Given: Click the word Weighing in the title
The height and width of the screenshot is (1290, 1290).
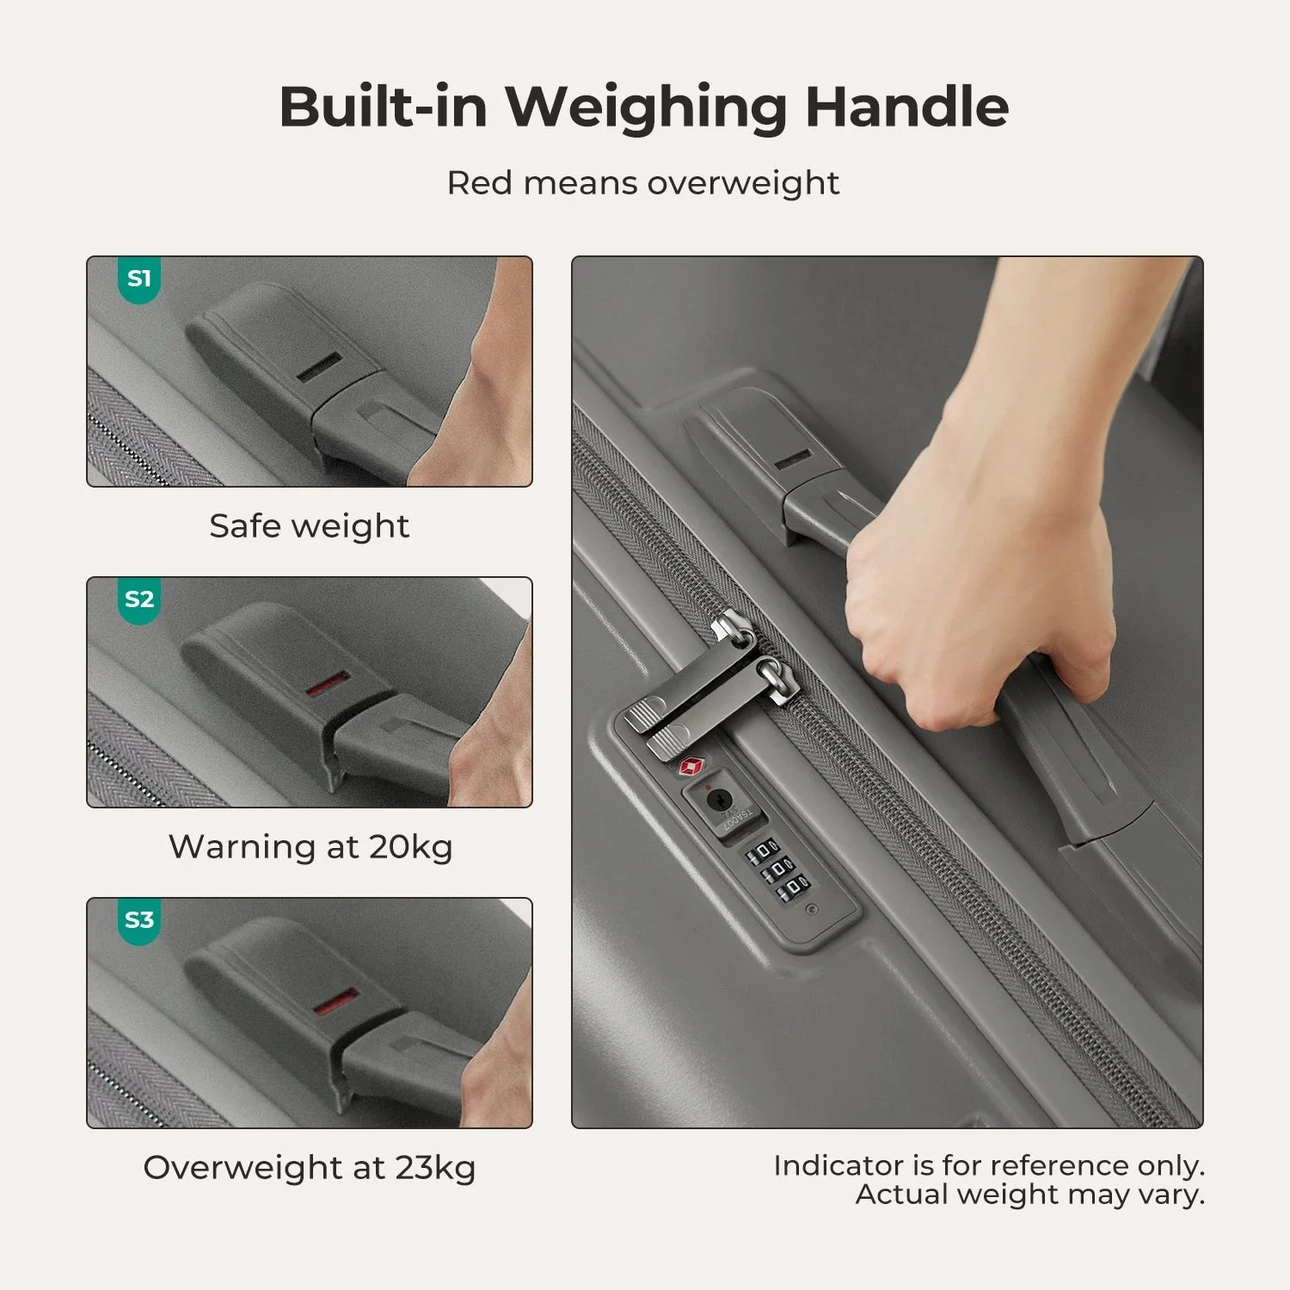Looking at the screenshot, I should [x=645, y=107].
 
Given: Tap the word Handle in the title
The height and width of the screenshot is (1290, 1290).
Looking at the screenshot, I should [x=906, y=107].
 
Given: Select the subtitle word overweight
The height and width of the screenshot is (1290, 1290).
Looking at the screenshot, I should [x=743, y=183].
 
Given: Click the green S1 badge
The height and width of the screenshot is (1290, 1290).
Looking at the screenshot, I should [x=138, y=279].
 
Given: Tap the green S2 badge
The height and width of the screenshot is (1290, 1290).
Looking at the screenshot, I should [x=138, y=599].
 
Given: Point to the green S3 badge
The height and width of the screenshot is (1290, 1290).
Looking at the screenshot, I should [x=138, y=920].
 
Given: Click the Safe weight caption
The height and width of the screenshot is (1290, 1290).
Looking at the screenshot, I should [x=309, y=525].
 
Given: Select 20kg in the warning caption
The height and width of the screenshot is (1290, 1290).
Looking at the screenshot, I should [x=411, y=847].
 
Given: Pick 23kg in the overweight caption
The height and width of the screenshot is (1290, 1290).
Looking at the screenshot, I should [x=435, y=1168].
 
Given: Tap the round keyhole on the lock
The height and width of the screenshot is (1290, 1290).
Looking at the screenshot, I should [x=716, y=801].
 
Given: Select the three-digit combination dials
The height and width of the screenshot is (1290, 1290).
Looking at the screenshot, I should [x=778, y=870].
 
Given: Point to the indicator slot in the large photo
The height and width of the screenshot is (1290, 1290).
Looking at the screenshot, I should [x=792, y=458].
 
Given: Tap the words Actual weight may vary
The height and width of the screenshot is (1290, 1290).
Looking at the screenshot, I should [x=1029, y=1195].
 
